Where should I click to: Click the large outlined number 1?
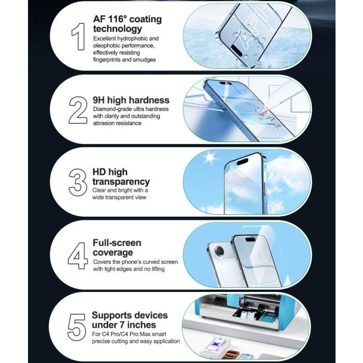[x=78, y=36]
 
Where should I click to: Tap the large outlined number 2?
[x=78, y=110]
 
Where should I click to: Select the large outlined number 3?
[x=78, y=183]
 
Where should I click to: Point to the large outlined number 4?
[x=78, y=256]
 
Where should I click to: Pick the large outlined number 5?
[x=77, y=327]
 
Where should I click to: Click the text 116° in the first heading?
[x=117, y=19]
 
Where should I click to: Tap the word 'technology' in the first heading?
[x=118, y=29]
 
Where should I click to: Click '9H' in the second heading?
[x=99, y=100]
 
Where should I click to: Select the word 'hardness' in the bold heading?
[x=149, y=100]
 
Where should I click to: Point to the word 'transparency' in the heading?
[x=121, y=181]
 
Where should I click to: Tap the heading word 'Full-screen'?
[x=117, y=243]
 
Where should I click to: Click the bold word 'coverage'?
[x=113, y=253]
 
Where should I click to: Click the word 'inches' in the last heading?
[x=142, y=325]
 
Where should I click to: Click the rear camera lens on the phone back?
[x=219, y=251]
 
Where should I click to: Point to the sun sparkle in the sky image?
[x=210, y=157]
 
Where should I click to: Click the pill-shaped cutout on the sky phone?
[x=242, y=161]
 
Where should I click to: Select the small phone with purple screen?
[x=217, y=344]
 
